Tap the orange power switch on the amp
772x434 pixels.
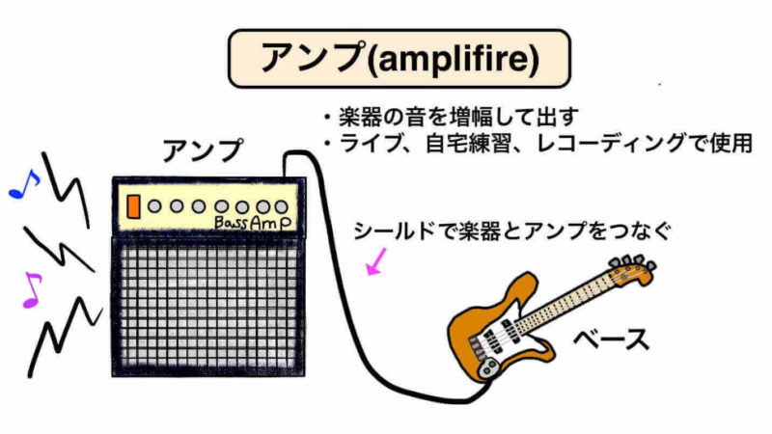pos(133,205)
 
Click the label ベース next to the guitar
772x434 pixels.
pos(611,339)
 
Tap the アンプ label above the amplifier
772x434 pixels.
pos(204,151)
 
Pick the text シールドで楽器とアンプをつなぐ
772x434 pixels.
pos(511,231)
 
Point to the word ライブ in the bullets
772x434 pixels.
pos(364,145)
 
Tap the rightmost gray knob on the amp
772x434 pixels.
pos(281,206)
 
